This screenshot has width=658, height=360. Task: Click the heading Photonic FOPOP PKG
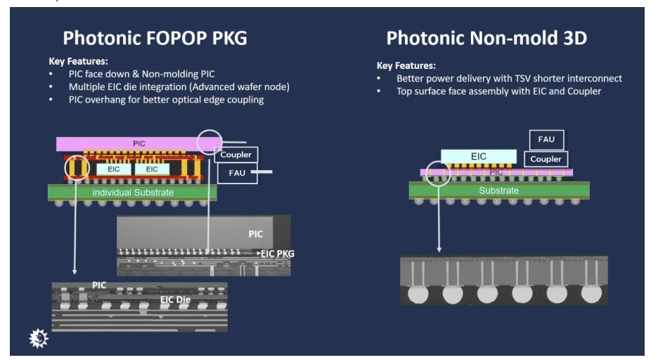pos(155,38)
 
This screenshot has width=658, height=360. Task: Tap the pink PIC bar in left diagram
pos(139,143)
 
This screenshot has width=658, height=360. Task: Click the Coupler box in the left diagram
pos(236,155)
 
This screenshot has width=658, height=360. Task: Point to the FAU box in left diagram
pos(236,172)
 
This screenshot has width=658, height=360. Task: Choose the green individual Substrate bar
pos(132,192)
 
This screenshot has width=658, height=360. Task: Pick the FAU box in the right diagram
pos(546,140)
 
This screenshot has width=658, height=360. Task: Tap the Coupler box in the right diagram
pos(546,159)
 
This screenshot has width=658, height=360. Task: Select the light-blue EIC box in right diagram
pos(478,156)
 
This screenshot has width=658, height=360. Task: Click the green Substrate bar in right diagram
pos(498,191)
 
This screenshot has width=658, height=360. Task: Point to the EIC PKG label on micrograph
pos(278,252)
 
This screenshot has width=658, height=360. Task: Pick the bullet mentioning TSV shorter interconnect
pos(509,78)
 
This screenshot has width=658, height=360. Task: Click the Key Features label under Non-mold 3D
pos(406,65)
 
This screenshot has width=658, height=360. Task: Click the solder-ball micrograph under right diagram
pos(503,280)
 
